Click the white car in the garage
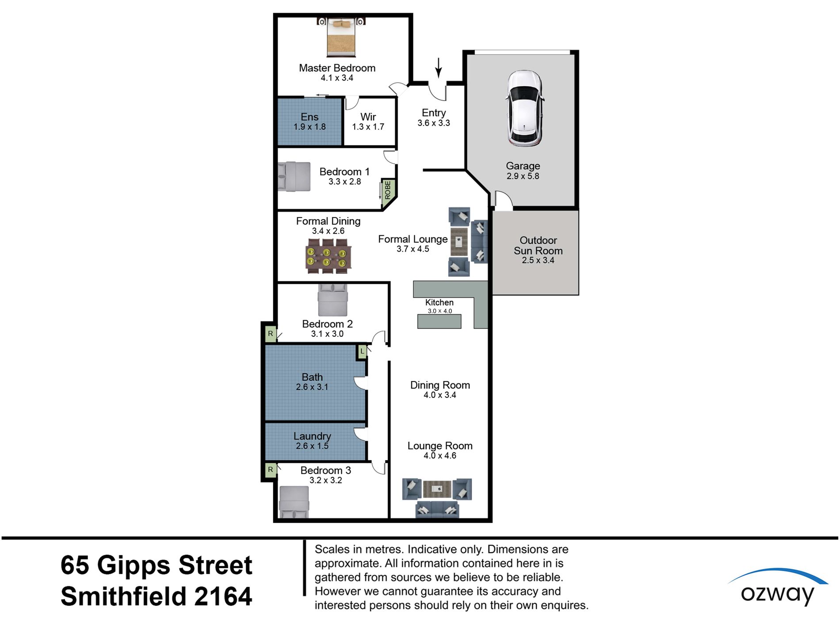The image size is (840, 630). point(524,108)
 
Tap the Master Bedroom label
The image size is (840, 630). point(337,68)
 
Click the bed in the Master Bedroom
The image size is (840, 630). point(341,37)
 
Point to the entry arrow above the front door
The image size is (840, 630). point(439,67)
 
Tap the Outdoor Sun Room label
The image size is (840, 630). point(538,245)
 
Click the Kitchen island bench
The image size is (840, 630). point(439,321)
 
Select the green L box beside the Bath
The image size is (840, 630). point(362,351)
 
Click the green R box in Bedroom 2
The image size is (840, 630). point(271,334)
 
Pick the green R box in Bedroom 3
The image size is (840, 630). point(271,470)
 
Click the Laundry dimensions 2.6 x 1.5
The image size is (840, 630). point(312,446)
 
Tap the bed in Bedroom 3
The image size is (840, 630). point(294,502)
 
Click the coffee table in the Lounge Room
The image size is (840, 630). point(437,489)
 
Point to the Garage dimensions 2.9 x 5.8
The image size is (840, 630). point(523,176)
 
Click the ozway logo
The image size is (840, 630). point(777,588)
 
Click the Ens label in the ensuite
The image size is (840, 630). point(309,117)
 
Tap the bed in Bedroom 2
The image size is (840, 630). point(332,300)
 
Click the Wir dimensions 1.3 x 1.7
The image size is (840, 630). point(368,127)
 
